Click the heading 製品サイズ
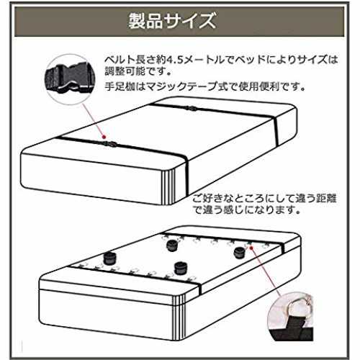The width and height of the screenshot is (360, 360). click(172, 21)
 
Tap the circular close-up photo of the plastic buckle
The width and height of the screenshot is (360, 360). click(70, 79)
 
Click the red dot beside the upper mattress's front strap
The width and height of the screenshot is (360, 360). click(104, 137)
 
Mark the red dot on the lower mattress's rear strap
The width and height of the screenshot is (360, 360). click(251, 247)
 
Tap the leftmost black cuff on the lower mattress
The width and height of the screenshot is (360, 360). click(110, 258)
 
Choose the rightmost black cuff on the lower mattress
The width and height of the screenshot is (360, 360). click(240, 253)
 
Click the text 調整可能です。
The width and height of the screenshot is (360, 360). click(138, 71)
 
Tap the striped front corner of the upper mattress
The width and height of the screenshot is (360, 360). click(168, 186)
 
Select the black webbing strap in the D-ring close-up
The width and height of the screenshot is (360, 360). click(292, 328)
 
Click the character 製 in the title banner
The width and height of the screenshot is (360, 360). click(137, 21)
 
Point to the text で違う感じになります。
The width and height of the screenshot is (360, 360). click(246, 210)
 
